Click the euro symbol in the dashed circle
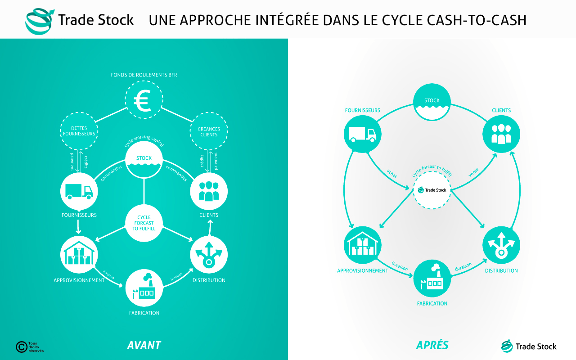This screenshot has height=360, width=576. click(x=143, y=100)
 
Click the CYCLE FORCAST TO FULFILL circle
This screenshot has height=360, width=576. click(x=144, y=223)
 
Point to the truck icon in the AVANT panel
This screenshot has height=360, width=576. click(x=79, y=192)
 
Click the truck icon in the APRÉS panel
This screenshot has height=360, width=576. click(x=363, y=134)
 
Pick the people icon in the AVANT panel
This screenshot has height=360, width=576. click(x=209, y=191)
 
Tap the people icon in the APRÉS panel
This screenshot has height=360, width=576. click(x=501, y=134)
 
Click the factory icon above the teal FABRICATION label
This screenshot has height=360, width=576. click(x=432, y=277)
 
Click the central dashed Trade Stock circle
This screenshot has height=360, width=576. click(x=432, y=190)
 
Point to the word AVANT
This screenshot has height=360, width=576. click(x=144, y=345)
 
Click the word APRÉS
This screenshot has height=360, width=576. click(x=432, y=345)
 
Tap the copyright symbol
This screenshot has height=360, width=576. click(x=22, y=347)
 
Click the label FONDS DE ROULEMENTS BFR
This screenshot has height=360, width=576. click(x=144, y=75)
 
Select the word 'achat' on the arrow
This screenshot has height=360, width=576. click(x=392, y=174)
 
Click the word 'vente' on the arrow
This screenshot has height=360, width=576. click(x=473, y=172)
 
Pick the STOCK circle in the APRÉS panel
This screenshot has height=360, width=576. click(x=432, y=102)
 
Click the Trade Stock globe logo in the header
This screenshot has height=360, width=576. click(x=40, y=21)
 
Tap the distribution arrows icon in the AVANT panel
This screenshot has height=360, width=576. click(x=209, y=254)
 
